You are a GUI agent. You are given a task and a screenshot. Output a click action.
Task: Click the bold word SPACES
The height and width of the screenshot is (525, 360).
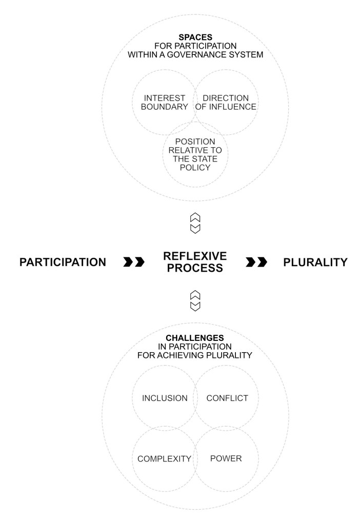coord(195,37)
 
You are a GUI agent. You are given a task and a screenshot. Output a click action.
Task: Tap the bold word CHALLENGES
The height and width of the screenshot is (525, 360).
coord(194,338)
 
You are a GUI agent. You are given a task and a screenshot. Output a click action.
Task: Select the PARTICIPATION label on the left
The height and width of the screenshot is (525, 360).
coord(63,262)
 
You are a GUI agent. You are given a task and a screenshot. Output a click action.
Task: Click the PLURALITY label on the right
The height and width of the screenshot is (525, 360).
coord(315,262)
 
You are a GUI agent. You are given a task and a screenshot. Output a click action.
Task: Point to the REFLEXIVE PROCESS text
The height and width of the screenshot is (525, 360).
coord(194,262)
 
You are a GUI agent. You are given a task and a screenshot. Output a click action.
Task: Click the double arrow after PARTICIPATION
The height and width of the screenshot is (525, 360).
coord(134,262)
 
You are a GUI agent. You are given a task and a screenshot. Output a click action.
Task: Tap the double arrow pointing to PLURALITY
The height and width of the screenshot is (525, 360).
coord(256,262)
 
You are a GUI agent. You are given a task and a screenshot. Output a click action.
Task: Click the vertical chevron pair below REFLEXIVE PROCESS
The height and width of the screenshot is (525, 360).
coord(195,300)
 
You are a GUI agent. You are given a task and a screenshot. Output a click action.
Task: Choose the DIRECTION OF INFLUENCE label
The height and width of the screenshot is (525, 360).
coord(226,102)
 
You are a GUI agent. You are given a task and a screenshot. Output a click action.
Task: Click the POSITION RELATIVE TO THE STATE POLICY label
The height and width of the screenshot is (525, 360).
coord(195,154)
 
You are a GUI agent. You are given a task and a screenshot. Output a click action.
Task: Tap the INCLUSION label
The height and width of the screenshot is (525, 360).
coord(164,398)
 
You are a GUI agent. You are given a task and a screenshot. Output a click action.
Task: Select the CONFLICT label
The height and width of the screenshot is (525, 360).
coord(227,398)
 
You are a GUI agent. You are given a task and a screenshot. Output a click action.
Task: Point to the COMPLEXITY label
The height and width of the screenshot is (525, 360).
coord(164,459)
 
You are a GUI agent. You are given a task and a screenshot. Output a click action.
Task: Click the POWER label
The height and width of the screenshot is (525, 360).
coord(226,458)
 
